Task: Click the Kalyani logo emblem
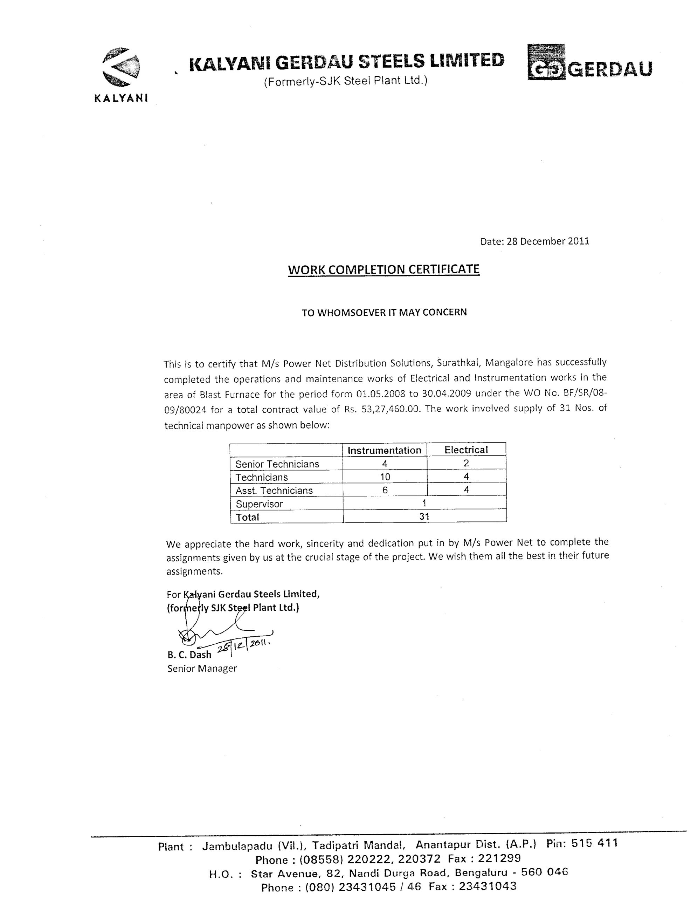(x=121, y=67)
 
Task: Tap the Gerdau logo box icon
(x=546, y=62)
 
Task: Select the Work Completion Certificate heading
(x=383, y=269)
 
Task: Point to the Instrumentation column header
(x=384, y=450)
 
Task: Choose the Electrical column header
(x=466, y=450)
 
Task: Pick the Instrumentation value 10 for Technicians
(x=385, y=477)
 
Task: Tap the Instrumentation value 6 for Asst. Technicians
(x=385, y=490)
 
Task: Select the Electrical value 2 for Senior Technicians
(x=466, y=463)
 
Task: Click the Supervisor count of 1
(x=424, y=503)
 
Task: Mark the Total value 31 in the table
(x=424, y=516)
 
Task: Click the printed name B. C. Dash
(x=189, y=655)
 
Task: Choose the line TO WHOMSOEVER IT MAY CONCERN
(x=384, y=313)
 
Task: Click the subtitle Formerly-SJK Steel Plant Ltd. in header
(x=345, y=81)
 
